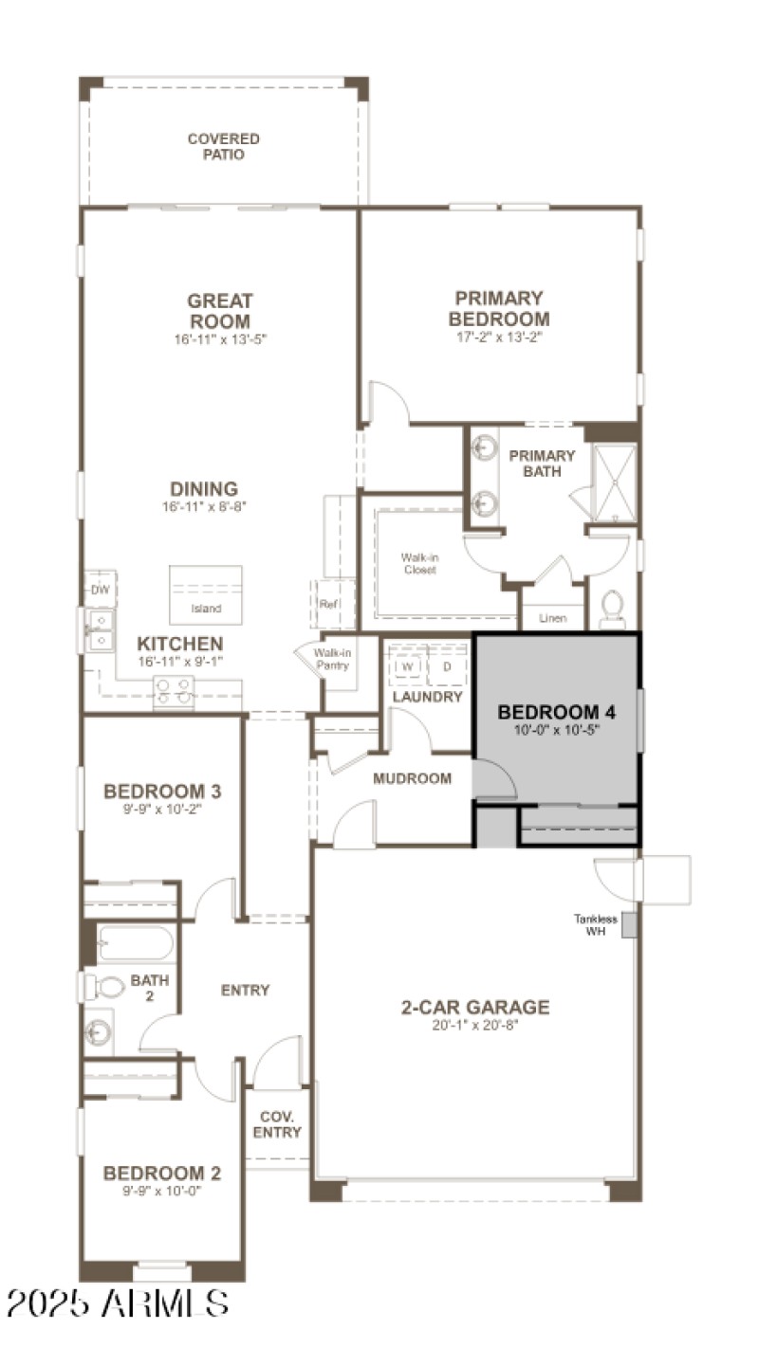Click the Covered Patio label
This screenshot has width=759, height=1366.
223,146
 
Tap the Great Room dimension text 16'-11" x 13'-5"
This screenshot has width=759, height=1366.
219,338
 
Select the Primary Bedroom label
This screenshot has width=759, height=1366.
499,309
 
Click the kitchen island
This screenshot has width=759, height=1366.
206,595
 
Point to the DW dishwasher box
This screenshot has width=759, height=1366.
101,590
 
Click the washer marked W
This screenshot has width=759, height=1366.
407,666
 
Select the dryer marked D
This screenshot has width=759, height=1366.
447,666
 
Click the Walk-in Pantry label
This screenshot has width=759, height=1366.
331,660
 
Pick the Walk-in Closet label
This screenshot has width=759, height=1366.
420,563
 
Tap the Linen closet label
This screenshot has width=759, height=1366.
552,618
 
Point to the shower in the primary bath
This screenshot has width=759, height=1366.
613,483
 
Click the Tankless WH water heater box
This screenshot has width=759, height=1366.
628,925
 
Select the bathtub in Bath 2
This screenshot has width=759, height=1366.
135,943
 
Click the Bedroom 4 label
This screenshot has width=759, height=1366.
549,712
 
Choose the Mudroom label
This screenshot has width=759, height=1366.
412,778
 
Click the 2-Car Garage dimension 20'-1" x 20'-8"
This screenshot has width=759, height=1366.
474,1025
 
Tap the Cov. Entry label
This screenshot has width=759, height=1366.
277,1124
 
